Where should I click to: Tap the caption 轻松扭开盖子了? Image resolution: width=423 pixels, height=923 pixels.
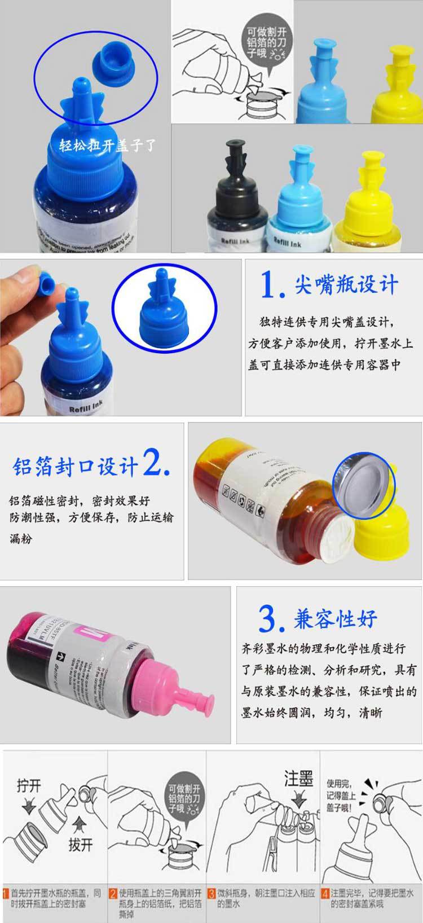[x=107, y=146]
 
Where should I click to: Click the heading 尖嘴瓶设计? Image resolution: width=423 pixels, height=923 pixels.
[x=346, y=285]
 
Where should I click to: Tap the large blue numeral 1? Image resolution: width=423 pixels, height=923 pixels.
[x=270, y=285]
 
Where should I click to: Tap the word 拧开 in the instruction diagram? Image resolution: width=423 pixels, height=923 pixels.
[x=29, y=785]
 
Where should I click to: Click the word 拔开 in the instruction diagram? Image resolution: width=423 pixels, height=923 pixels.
[x=80, y=844]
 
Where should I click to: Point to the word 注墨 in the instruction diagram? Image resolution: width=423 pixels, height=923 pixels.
[x=299, y=780]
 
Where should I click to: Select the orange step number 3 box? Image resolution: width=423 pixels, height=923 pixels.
[x=211, y=894]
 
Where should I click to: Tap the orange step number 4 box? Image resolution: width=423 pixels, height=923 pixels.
[x=325, y=894]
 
